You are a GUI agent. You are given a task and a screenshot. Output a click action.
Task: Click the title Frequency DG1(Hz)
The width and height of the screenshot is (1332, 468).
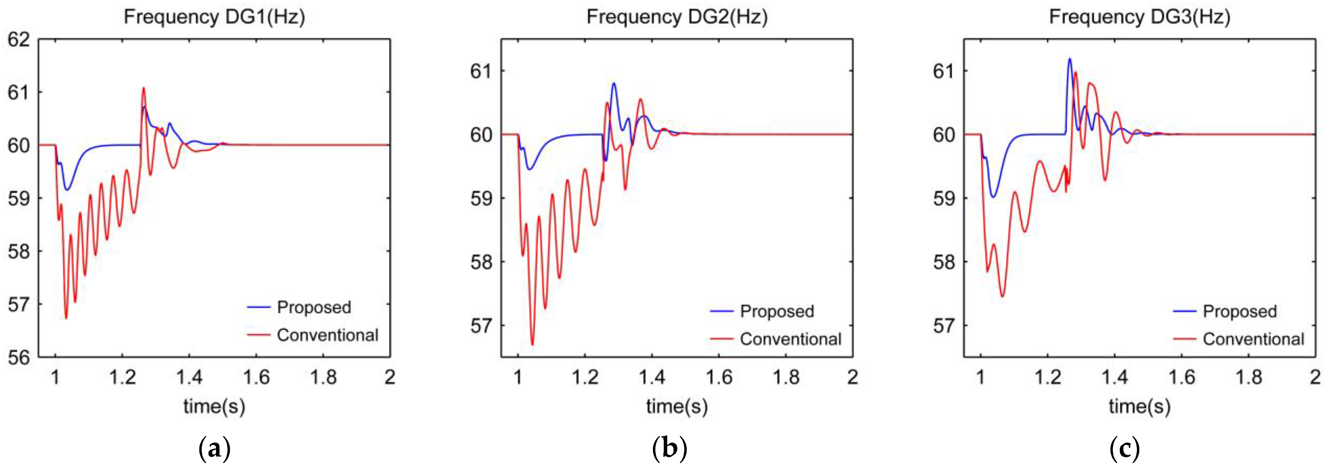[214, 17]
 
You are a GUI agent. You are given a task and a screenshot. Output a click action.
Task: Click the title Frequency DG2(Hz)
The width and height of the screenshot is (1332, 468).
[677, 17]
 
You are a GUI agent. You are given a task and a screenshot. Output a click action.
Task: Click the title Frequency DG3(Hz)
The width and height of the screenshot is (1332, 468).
[1140, 17]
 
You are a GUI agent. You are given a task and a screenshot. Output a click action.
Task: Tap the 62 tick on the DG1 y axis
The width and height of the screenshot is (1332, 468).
[18, 40]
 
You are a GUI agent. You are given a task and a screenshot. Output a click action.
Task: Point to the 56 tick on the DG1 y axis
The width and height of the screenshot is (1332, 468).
[18, 358]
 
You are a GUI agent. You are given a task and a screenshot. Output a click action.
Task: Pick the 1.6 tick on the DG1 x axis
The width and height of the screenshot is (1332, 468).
[256, 377]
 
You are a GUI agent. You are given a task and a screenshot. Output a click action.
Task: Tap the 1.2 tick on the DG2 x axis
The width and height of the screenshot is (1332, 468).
[585, 377]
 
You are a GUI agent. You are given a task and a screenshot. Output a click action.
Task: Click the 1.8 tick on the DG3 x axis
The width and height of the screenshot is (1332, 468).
[1249, 377]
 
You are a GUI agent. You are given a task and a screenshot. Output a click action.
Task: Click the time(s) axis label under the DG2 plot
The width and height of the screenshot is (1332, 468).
[677, 406]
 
